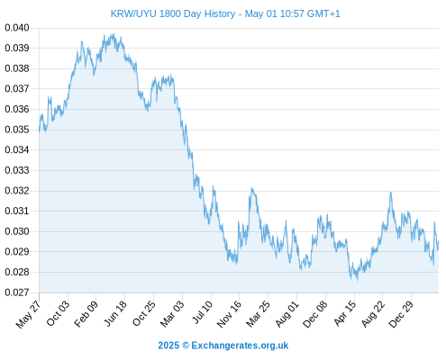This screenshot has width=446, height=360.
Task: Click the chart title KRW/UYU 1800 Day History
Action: pos(173,13)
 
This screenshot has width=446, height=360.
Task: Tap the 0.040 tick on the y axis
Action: pos(17,28)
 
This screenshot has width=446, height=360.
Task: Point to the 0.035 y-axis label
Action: pos(17,130)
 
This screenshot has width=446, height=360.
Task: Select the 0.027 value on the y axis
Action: pos(17,292)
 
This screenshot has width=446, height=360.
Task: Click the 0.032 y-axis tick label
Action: pos(17,191)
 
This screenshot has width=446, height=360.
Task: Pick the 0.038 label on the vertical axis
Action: pos(17,68)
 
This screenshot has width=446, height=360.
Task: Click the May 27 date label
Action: pos(28,314)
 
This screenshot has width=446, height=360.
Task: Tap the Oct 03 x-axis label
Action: pos(58,313)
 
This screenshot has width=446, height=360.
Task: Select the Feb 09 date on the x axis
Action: pos(86,313)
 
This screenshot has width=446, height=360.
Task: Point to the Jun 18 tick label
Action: pos(115,313)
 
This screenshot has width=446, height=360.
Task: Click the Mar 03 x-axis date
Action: pos(172,313)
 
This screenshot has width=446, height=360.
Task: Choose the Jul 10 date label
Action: pos(202,312)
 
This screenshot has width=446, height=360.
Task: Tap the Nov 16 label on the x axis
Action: pos(229,314)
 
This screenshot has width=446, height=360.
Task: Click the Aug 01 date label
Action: pos(287,313)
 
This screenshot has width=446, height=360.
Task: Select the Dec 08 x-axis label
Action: pos(314,314)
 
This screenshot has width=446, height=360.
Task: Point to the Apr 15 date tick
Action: pos(344,313)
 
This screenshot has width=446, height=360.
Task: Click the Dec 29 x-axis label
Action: pos(401,314)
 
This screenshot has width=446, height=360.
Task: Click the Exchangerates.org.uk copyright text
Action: pos(240,346)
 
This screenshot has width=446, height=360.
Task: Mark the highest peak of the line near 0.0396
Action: pos(114,34)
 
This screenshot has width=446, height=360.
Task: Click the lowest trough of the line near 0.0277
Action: pos(357,280)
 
